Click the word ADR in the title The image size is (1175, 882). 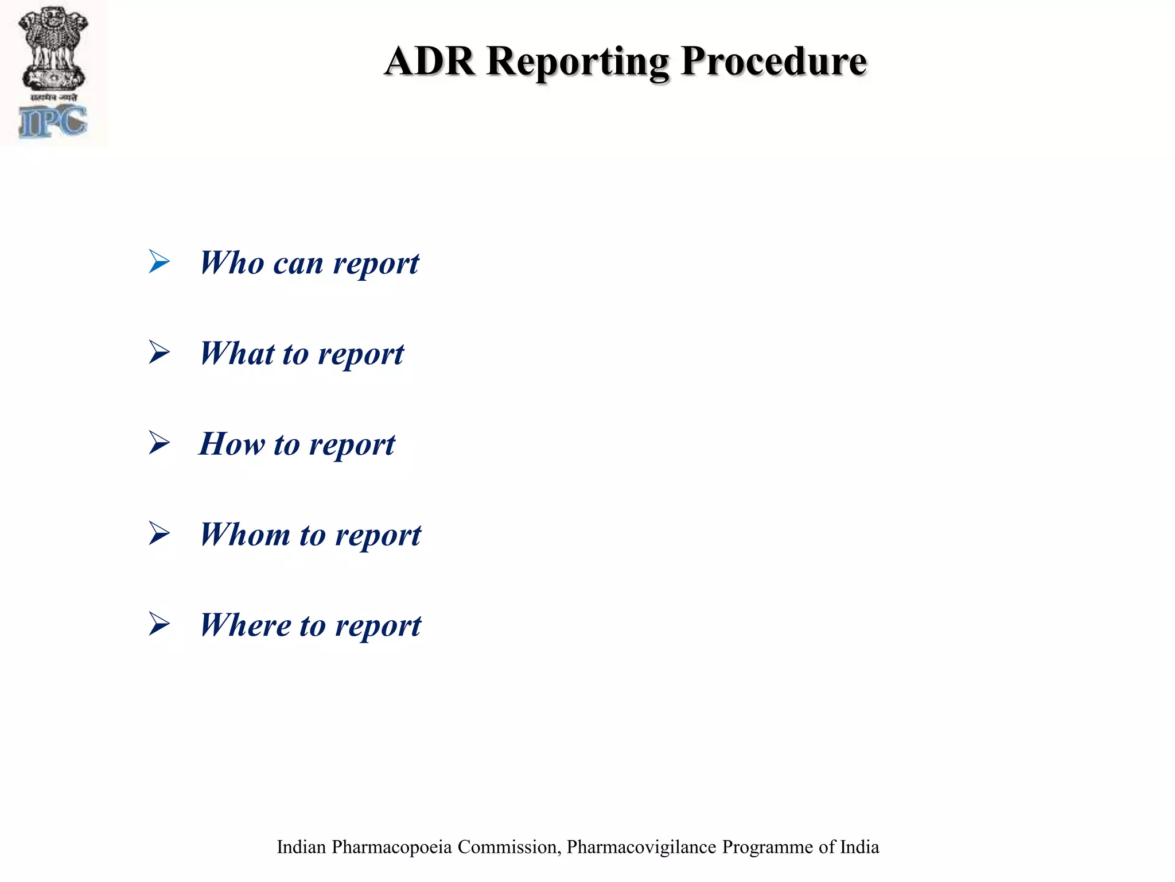[x=430, y=61]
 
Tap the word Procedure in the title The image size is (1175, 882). [x=774, y=61]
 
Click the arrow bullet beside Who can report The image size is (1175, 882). [x=159, y=261]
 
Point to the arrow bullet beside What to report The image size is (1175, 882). [x=159, y=352]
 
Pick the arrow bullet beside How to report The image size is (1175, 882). [x=159, y=443]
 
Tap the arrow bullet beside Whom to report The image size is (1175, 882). [x=159, y=533]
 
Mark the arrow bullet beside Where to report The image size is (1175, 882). [x=159, y=624]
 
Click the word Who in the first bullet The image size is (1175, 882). [x=232, y=263]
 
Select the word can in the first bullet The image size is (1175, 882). [x=298, y=264]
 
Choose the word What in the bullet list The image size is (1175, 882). [x=238, y=353]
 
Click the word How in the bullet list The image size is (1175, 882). [x=232, y=444]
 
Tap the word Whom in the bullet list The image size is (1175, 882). [x=245, y=535]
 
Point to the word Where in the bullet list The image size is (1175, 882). [x=245, y=625]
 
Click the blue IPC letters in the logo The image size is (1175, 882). [x=53, y=122]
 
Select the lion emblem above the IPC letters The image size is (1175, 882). [x=53, y=49]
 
